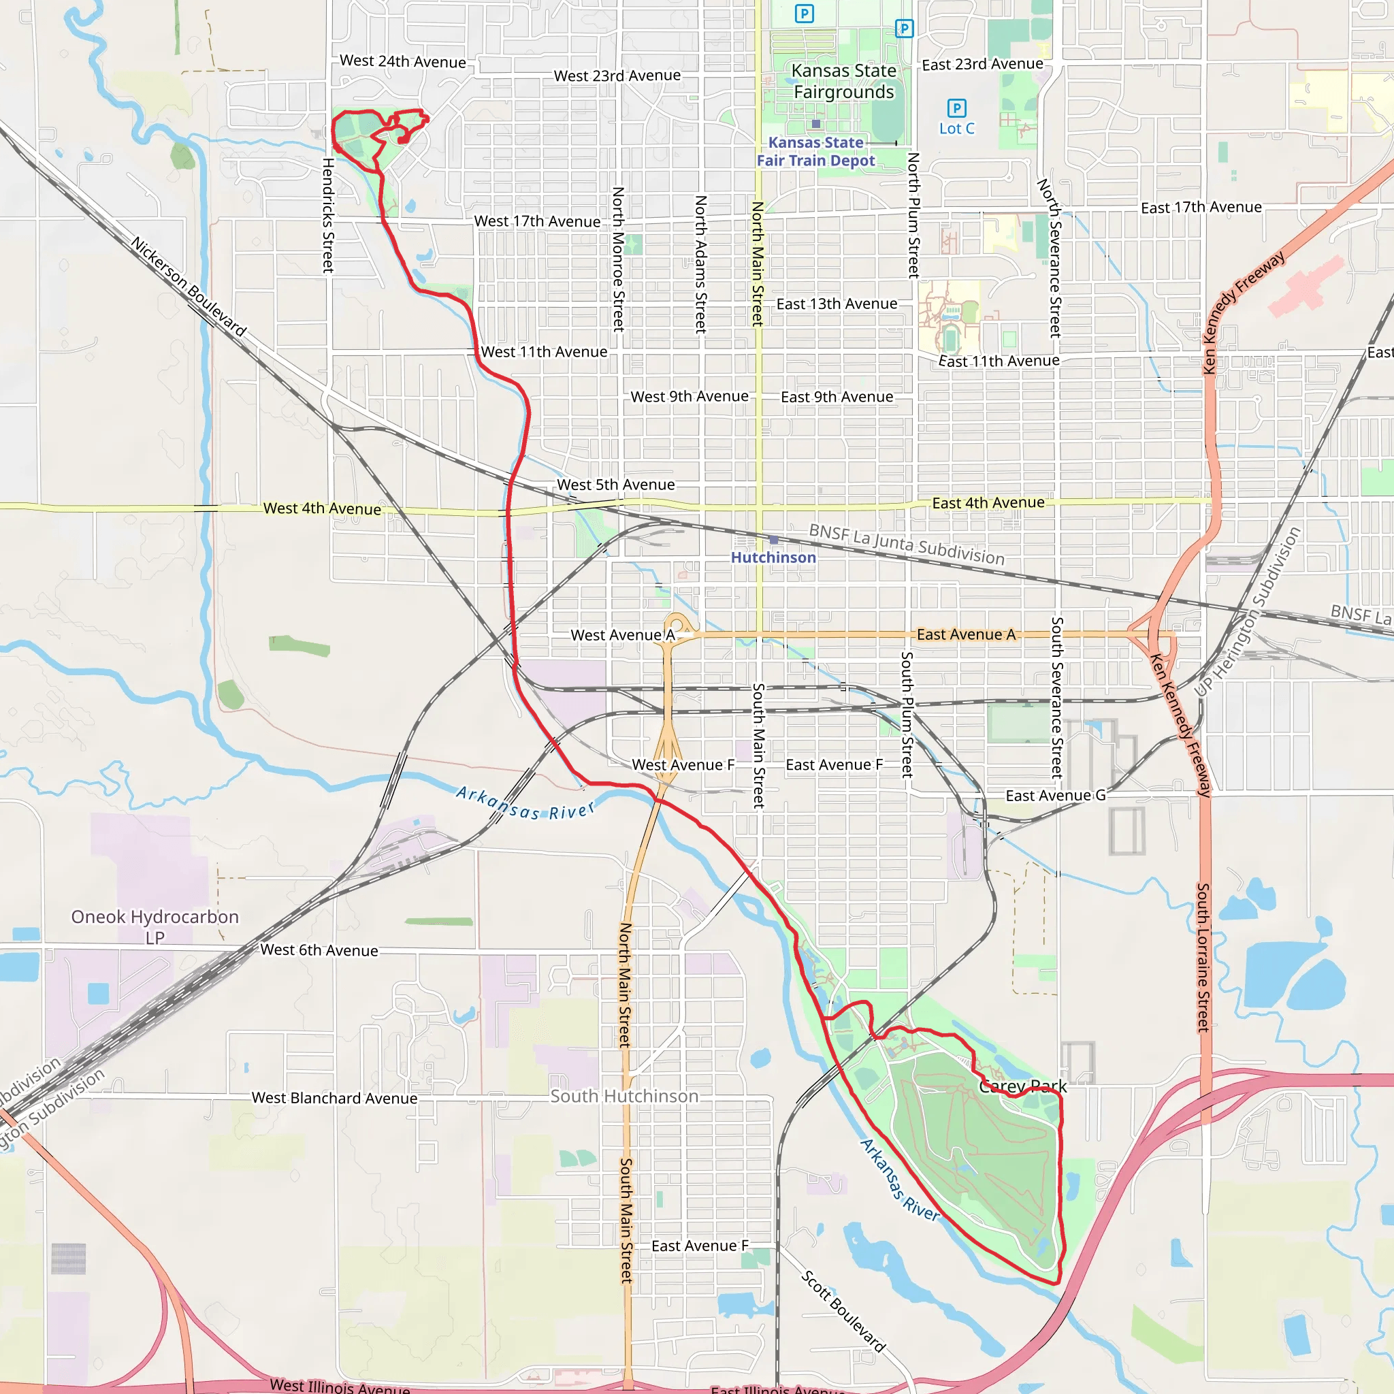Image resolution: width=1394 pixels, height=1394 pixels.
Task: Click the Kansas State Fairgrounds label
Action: click(843, 82)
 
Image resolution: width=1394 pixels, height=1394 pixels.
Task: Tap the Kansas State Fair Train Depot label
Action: click(815, 152)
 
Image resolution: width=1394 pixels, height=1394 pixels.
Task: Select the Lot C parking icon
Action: click(956, 108)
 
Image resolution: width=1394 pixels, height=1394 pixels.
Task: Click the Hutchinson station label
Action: click(773, 557)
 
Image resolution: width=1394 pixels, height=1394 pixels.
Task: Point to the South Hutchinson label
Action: click(624, 1096)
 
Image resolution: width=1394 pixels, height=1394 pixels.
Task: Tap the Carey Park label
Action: click(1022, 1086)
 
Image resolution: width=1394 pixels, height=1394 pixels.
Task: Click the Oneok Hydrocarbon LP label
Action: click(155, 926)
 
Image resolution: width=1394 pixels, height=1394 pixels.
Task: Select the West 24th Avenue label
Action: click(403, 61)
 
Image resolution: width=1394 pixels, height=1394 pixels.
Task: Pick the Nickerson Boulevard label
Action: click(189, 287)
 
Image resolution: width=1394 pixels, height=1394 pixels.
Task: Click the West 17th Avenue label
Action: click(537, 221)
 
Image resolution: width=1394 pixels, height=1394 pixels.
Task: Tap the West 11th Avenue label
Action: click(544, 352)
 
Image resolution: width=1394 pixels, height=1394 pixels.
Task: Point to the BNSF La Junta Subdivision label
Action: click(906, 544)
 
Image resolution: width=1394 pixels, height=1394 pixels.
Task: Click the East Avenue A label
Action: click(965, 634)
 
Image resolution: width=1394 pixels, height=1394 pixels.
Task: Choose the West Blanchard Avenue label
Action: click(334, 1097)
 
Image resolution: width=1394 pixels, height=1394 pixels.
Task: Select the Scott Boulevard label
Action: click(843, 1310)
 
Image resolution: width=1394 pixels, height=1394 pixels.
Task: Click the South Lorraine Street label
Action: click(1203, 958)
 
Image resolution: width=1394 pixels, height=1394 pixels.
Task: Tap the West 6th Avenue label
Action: click(319, 950)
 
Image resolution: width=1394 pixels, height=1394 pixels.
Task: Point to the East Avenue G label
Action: click(1055, 795)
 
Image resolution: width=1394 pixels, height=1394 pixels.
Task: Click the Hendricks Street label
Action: click(328, 215)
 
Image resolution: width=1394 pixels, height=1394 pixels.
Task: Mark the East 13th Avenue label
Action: click(837, 304)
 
